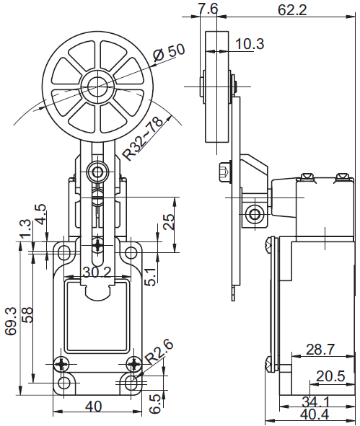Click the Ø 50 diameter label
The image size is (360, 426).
pyautogui.click(x=169, y=52)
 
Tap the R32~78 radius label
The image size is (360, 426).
pyautogui.click(x=144, y=139)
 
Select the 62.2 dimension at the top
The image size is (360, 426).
pyautogui.click(x=292, y=10)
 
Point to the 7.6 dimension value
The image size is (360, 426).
pyautogui.click(x=208, y=9)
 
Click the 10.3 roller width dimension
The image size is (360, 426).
pyautogui.click(x=250, y=44)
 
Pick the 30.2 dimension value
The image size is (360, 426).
pyautogui.click(x=97, y=272)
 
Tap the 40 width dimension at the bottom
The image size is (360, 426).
pyautogui.click(x=94, y=407)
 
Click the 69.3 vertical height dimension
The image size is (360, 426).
pyautogui.click(x=12, y=321)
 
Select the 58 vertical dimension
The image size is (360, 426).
pyautogui.click(x=27, y=315)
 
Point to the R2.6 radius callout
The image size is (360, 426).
pyautogui.click(x=159, y=352)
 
